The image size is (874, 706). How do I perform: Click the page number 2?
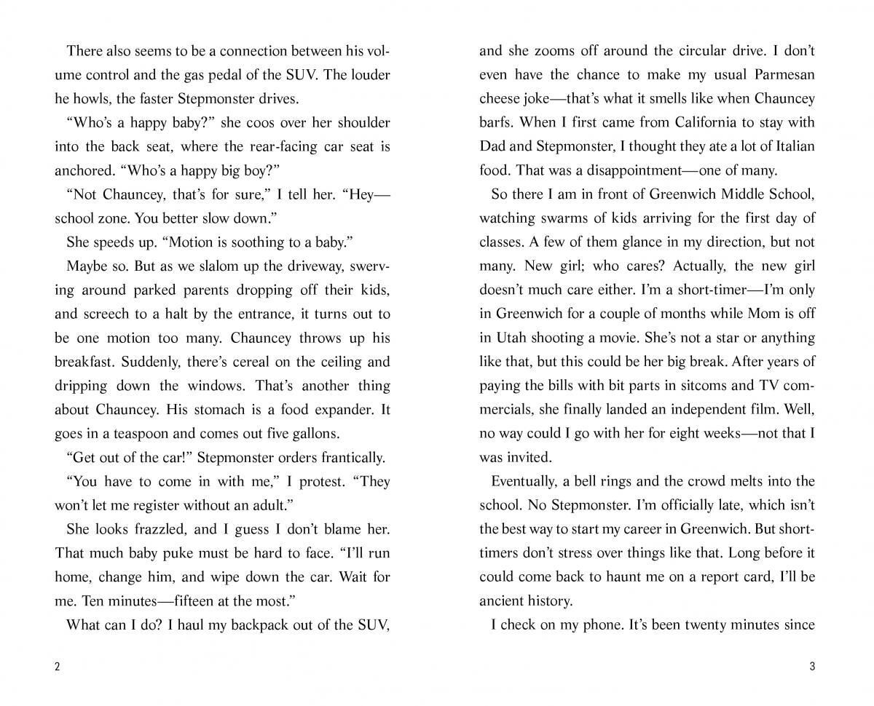pyautogui.click(x=58, y=668)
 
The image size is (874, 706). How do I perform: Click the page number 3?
pyautogui.click(x=812, y=668)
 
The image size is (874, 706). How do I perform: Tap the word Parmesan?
pyautogui.click(x=780, y=75)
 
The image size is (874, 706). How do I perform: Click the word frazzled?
pyautogui.click(x=162, y=529)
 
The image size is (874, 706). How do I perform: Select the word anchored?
pyautogui.click(x=82, y=170)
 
